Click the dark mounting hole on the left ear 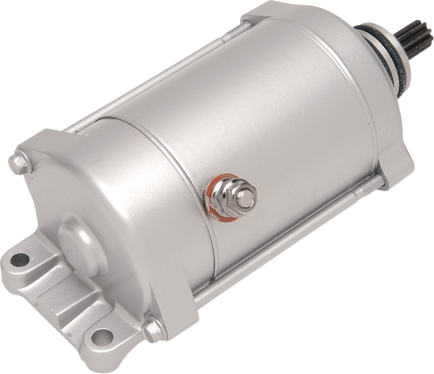pyautogui.click(x=16, y=259)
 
